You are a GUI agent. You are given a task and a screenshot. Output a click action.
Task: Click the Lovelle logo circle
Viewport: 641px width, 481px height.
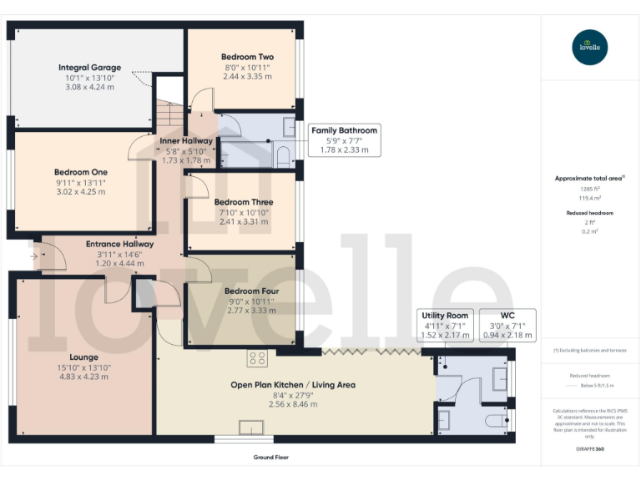pos(590,48)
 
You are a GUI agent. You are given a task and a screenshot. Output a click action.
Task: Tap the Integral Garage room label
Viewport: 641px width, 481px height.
pos(89,67)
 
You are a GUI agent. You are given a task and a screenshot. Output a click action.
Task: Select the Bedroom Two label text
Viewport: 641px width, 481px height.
pos(247,57)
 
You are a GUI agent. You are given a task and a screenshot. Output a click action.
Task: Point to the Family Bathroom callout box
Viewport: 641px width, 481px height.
pos(344,140)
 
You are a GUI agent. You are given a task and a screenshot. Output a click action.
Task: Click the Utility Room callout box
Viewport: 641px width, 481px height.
pos(447,325)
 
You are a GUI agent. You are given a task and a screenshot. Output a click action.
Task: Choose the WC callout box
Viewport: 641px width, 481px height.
pos(507,325)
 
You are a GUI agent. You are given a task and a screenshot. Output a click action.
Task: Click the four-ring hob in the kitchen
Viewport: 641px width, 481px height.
pos(256,359)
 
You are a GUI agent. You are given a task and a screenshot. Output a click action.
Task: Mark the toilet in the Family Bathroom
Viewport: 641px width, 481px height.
pos(282,155)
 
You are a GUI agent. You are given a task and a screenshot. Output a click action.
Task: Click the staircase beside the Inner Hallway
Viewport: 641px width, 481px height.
pos(169,113)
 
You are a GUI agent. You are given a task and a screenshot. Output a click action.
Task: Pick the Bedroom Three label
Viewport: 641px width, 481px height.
pos(243,202)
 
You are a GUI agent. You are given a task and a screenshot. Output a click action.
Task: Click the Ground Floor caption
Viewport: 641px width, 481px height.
pos(271,458)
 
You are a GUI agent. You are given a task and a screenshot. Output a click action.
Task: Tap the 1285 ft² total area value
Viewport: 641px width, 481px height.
pos(590,190)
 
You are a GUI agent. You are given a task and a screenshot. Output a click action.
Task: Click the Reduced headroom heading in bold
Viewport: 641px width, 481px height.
pos(590,214)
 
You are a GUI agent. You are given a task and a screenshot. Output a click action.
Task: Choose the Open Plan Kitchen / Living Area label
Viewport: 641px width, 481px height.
pos(293,385)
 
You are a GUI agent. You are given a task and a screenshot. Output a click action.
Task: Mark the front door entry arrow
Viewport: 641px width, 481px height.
pos(33,255)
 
